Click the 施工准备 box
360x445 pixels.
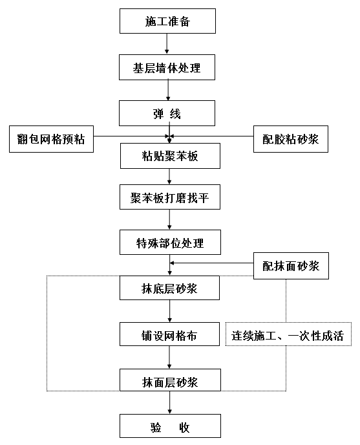167,21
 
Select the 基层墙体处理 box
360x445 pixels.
167,67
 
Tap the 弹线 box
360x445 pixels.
167,113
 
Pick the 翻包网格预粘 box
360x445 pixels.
51,139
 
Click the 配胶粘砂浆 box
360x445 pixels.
291,139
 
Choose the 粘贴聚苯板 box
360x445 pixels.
170,156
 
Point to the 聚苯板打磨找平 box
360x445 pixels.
170,197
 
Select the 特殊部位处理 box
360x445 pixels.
170,242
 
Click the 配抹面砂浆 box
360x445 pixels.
291,266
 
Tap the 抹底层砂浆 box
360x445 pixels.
169,288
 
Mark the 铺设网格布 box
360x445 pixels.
169,334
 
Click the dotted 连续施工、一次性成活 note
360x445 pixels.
288,334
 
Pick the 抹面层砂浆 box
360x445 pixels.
170,380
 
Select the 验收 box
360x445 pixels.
170,426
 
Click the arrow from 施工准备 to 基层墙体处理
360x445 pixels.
167,44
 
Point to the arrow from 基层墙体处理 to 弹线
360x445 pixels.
168,90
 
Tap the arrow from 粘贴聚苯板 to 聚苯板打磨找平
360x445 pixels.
169,177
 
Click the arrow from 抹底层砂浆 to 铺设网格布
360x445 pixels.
169,311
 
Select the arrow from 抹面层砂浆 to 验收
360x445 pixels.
169,402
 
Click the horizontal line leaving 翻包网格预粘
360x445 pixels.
131,136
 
